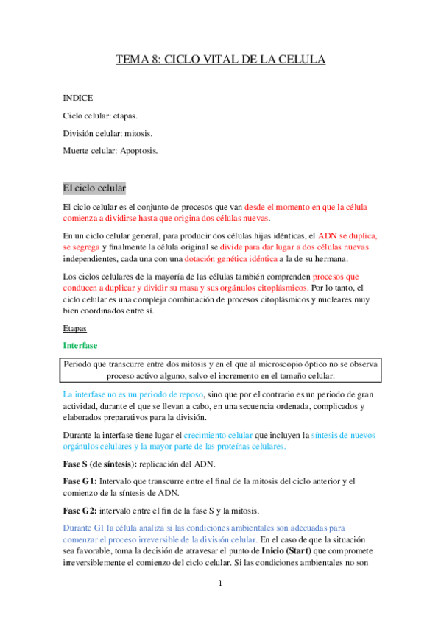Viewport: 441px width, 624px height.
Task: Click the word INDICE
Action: tap(78, 98)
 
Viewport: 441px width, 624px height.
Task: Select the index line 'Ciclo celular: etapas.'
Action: tap(100, 116)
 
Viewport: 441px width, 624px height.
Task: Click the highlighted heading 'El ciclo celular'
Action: tap(94, 188)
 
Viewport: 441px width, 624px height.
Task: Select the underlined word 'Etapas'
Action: tap(76, 330)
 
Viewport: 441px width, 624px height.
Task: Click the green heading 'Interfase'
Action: tap(80, 345)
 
